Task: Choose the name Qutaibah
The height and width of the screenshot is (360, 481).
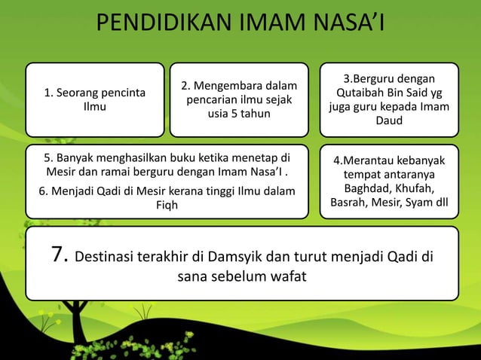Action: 365,93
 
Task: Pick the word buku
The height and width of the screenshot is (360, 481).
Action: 195,159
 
